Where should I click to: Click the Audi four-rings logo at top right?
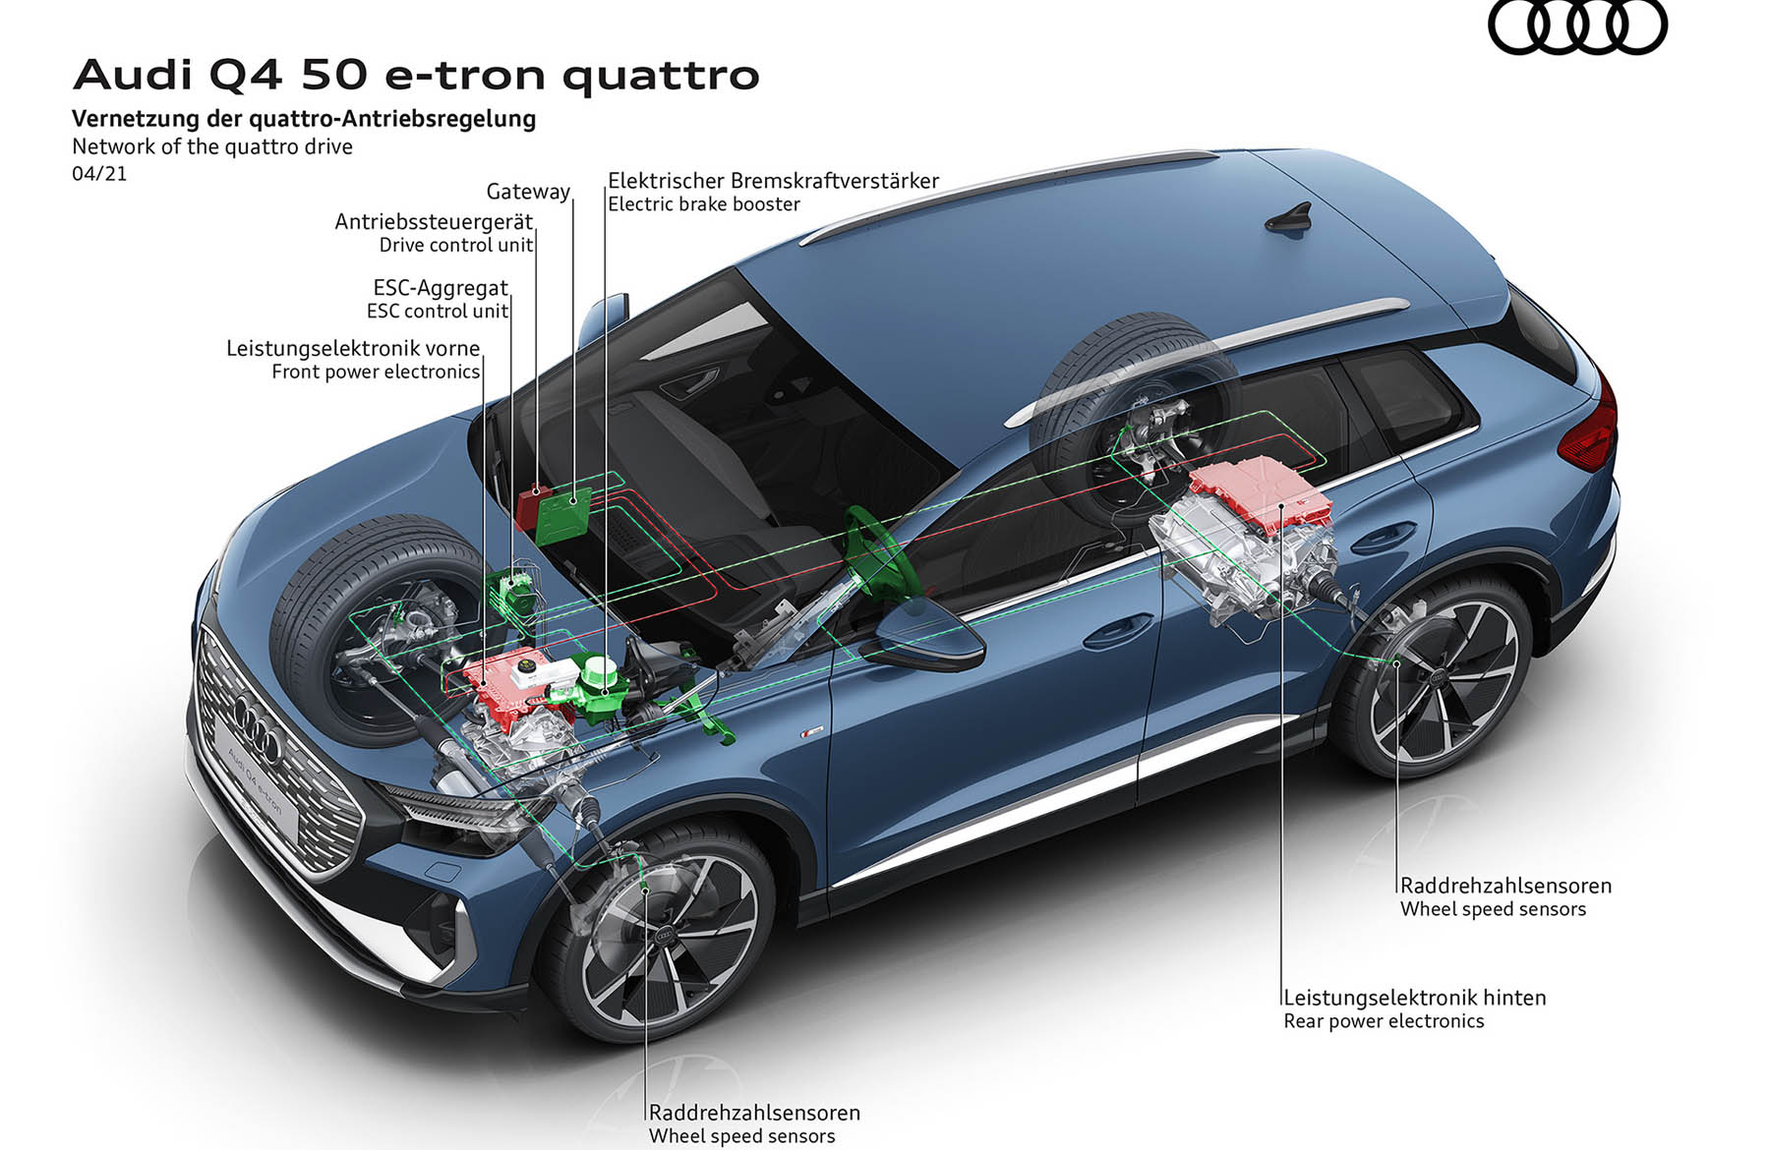1577,26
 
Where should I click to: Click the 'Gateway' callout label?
528,192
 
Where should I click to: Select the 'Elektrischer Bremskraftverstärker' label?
773,181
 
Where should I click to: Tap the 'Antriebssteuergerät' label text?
434,222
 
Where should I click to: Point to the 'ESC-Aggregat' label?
441,288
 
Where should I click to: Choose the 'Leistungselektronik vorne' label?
353,348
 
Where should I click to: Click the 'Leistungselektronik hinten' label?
1415,998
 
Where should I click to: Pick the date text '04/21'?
99,174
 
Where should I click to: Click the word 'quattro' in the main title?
661,76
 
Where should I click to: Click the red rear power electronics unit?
1262,494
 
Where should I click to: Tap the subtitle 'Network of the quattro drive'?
212,147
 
